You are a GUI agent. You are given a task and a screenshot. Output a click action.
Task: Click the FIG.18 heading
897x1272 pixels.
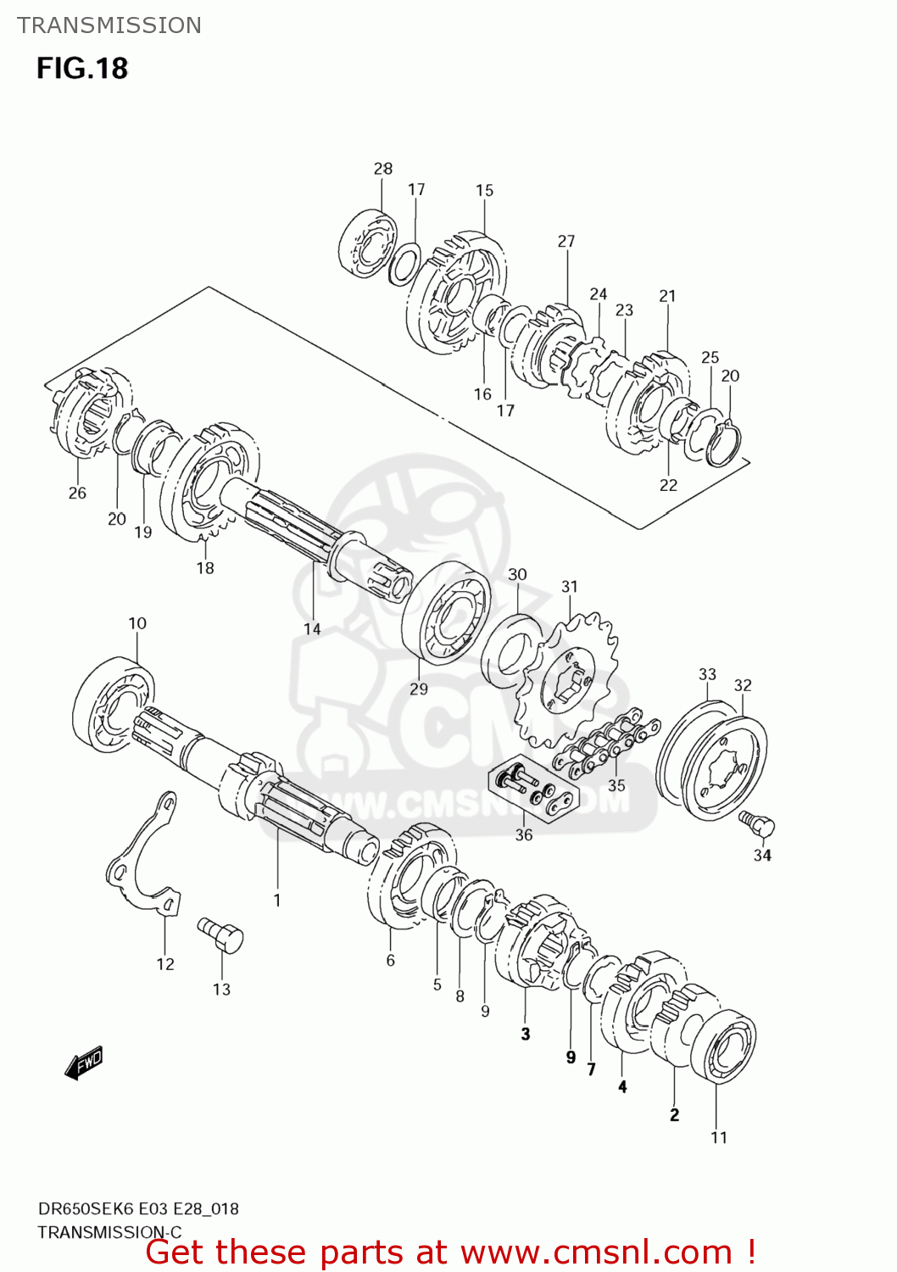[82, 68]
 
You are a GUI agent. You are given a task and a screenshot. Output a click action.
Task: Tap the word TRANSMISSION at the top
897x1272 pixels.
[109, 25]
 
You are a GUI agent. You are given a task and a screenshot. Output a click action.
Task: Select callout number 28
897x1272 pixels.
[383, 169]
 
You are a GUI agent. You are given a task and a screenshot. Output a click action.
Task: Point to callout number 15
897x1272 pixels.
[484, 191]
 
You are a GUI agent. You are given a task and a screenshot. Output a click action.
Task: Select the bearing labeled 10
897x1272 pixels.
[113, 705]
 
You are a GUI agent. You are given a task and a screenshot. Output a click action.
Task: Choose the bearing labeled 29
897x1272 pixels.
[446, 611]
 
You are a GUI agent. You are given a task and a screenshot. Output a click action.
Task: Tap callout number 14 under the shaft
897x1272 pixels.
[312, 628]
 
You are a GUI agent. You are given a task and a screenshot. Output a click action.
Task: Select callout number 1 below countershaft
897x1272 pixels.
[277, 900]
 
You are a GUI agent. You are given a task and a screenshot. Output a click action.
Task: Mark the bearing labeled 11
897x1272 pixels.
[723, 1045]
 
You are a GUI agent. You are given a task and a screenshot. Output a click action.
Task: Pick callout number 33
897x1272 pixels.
[707, 674]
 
